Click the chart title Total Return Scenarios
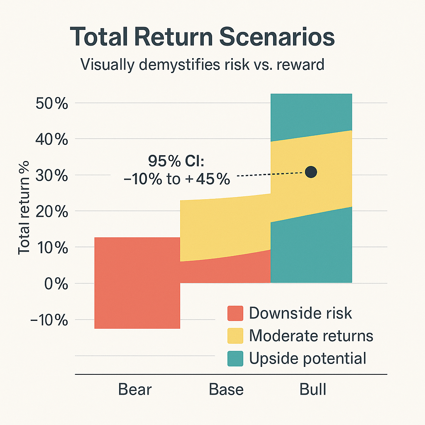pos(202,37)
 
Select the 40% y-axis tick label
pos(52,139)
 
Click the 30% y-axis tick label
pos(52,176)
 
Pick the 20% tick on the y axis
pos(52,212)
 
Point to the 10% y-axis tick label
pos(52,248)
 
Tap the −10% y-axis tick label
pos(49,320)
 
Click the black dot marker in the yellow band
pos(310,172)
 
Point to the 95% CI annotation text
pos(177,170)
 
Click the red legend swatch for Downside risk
pos(235,313)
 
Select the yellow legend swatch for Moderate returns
pos(235,336)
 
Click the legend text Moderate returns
pos(311,336)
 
